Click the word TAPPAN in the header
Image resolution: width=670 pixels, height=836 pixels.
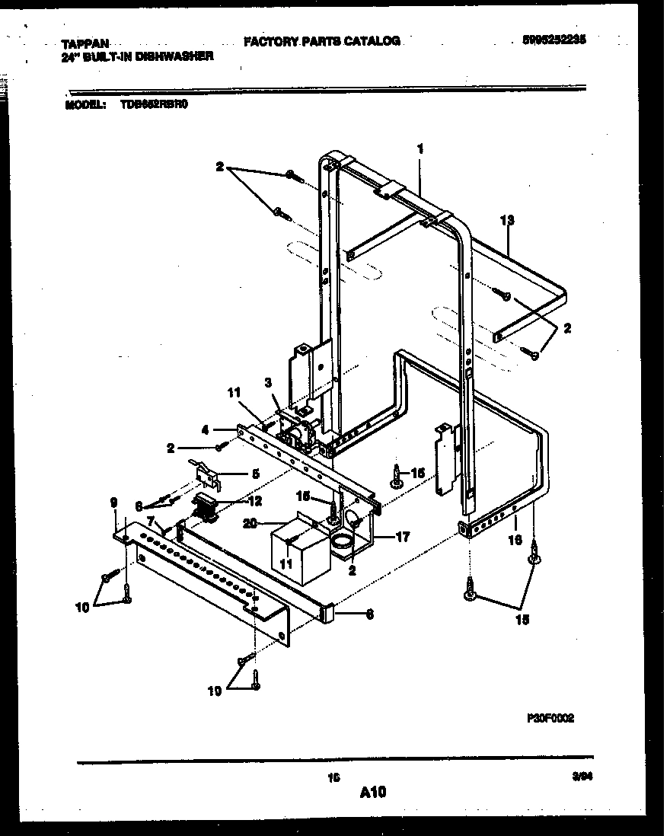[78, 44]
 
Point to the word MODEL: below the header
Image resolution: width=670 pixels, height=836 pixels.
[85, 107]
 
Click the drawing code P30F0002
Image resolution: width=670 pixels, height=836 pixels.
[550, 717]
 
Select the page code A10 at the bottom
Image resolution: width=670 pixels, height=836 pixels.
[372, 793]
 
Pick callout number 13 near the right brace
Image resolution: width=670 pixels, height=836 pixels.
[508, 221]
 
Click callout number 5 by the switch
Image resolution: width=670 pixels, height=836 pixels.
[255, 473]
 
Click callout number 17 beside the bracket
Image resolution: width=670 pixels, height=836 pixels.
[403, 537]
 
